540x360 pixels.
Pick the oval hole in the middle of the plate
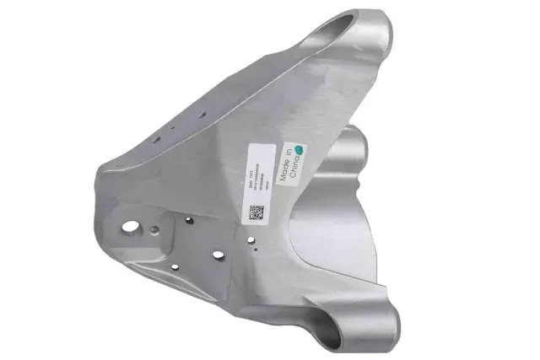coord(218,255)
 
